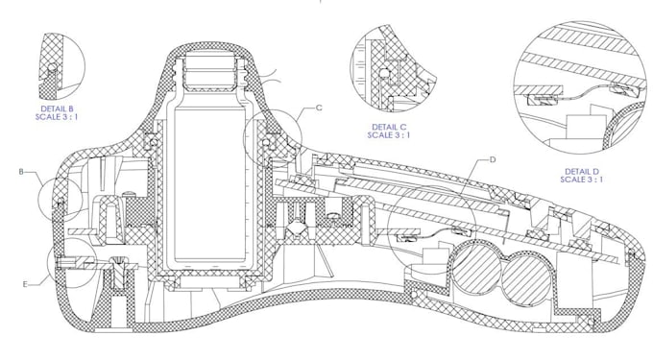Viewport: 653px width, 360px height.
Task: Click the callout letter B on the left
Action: click(21, 172)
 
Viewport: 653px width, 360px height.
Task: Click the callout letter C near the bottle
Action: click(319, 108)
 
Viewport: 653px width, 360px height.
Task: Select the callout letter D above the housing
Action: click(493, 159)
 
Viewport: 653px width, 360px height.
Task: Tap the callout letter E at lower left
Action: click(25, 284)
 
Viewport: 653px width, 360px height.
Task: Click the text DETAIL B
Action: click(58, 109)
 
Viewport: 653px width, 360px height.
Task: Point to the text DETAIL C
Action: click(389, 127)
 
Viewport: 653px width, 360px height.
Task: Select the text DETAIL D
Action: click(582, 172)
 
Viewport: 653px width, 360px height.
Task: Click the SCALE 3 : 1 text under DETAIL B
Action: click(57, 117)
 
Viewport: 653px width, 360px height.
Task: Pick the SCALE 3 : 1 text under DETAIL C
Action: click(389, 134)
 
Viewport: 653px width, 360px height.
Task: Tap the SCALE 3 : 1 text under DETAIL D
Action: click(581, 180)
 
